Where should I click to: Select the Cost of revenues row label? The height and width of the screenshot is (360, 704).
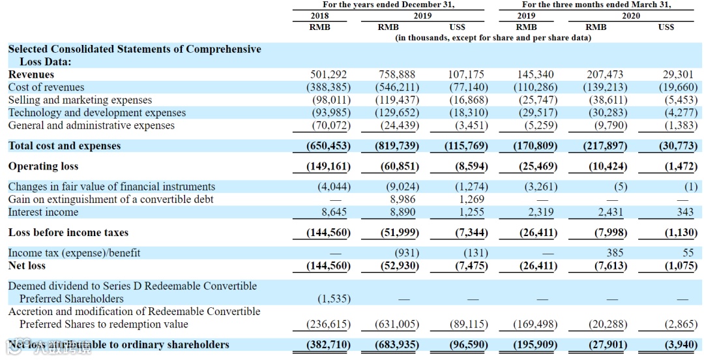click(46, 87)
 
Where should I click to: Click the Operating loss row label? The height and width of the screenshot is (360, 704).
click(43, 166)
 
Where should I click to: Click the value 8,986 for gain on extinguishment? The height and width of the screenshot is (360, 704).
click(402, 200)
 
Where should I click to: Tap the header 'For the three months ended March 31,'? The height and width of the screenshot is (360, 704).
click(596, 4)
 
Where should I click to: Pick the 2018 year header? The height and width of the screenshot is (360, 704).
click(319, 16)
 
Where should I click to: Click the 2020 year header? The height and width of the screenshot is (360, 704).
click(630, 16)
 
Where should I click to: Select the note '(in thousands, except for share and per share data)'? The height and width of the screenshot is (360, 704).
click(493, 38)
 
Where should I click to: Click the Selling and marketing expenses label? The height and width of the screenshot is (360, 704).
click(80, 100)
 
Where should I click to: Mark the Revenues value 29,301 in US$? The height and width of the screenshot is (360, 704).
click(680, 74)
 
